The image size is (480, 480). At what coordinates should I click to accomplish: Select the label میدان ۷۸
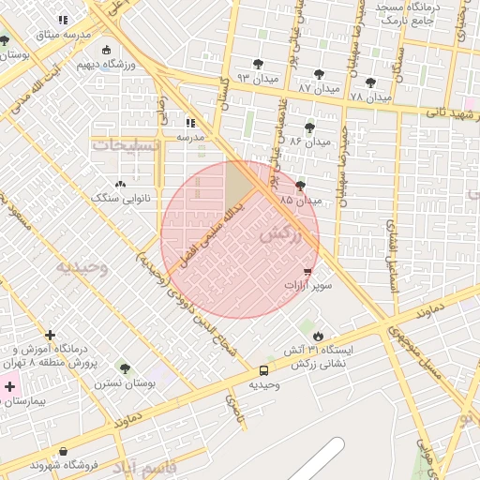click(369, 97)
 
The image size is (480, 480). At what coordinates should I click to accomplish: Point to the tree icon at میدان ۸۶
click(309, 127)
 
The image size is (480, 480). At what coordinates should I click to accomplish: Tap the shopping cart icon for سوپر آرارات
click(307, 271)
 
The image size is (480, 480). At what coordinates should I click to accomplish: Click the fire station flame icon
click(318, 336)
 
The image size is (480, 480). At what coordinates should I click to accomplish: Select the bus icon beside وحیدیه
click(264, 370)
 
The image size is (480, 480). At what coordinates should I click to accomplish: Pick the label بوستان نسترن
click(124, 383)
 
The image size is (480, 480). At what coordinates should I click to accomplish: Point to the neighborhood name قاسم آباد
click(145, 465)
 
